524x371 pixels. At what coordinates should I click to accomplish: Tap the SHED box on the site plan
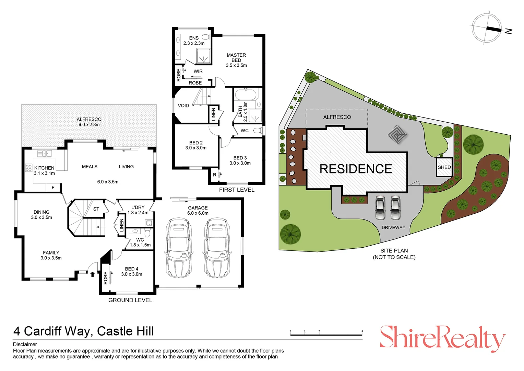point(444,167)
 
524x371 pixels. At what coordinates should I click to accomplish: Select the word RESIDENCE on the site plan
point(356,169)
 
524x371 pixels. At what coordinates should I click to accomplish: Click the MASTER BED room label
point(236,60)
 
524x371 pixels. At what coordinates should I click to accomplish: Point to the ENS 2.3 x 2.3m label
point(194,41)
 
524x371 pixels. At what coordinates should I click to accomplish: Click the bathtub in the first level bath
point(245,94)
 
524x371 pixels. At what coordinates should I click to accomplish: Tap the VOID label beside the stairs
point(183,105)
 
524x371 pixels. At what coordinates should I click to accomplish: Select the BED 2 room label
point(196,145)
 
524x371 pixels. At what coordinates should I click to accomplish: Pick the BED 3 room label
point(240,160)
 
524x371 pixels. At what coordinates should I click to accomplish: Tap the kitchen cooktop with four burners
point(29,168)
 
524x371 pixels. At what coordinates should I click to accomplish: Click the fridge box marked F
point(53,188)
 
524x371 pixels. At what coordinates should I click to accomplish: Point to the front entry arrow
point(92,274)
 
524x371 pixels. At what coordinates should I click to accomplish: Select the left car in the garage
point(178,247)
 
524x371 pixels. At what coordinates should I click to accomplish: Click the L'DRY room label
point(138,210)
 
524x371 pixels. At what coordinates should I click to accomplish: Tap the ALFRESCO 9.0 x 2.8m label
point(89,122)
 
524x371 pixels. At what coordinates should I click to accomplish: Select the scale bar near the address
point(326,334)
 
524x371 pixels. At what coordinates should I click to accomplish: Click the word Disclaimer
point(25,344)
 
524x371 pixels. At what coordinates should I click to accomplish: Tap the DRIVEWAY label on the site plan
point(393,227)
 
